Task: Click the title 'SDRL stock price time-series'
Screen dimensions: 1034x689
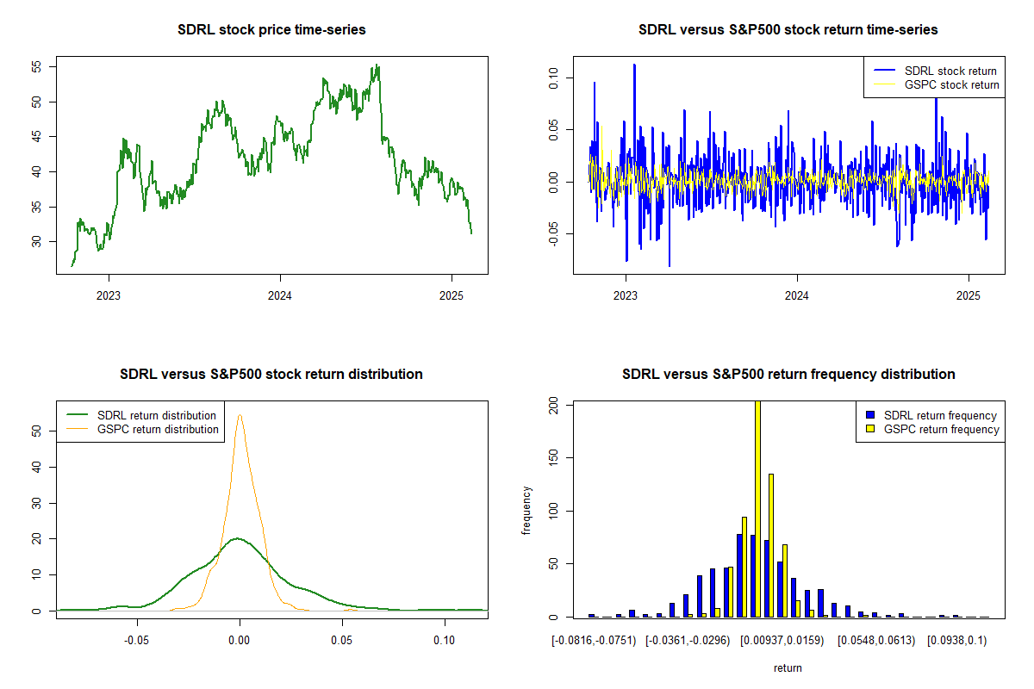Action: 271,29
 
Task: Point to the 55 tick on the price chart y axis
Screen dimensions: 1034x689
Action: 36,67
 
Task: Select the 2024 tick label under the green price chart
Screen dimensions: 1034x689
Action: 280,295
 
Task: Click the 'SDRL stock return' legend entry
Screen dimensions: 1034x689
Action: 935,71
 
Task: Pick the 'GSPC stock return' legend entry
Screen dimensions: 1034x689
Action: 936,85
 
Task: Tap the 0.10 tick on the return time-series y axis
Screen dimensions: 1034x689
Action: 553,78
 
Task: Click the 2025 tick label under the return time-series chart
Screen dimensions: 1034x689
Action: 968,295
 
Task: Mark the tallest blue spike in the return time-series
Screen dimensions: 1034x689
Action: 634,65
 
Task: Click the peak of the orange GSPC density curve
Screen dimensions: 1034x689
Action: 240,415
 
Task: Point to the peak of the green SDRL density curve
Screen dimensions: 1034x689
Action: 237,538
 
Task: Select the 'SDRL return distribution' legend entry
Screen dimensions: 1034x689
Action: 141,415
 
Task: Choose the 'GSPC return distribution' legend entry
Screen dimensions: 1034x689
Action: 142,429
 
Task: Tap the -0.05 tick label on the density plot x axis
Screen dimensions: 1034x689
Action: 137,640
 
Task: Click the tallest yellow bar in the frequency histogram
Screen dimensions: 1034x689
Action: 757,509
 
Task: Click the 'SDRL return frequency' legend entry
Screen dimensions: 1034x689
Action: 931,415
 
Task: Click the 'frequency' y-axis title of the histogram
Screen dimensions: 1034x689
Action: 526,511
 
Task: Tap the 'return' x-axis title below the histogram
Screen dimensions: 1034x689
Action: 788,667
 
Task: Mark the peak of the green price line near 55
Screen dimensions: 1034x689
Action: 377,65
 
